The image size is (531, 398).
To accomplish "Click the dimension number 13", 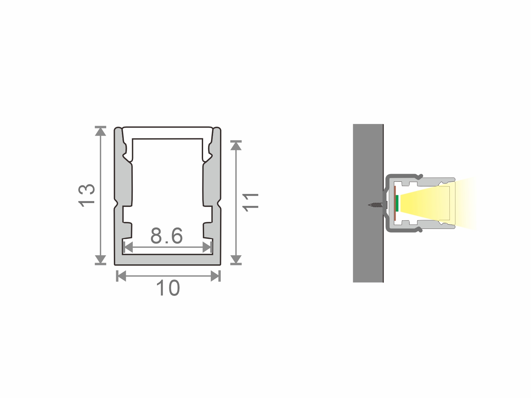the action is pyautogui.click(x=87, y=195).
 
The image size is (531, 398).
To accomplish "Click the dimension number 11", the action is pyautogui.click(x=251, y=203).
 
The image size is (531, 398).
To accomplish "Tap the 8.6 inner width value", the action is pyautogui.click(x=167, y=235).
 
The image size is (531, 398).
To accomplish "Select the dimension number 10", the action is pyautogui.click(x=168, y=288).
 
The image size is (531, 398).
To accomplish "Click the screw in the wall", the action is pyautogui.click(x=378, y=205).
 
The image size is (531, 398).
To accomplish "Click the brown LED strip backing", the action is pyautogui.click(x=395, y=203).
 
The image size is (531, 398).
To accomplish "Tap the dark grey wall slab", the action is pyautogui.click(x=368, y=203).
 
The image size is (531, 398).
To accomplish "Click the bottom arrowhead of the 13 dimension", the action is pyautogui.click(x=101, y=260).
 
